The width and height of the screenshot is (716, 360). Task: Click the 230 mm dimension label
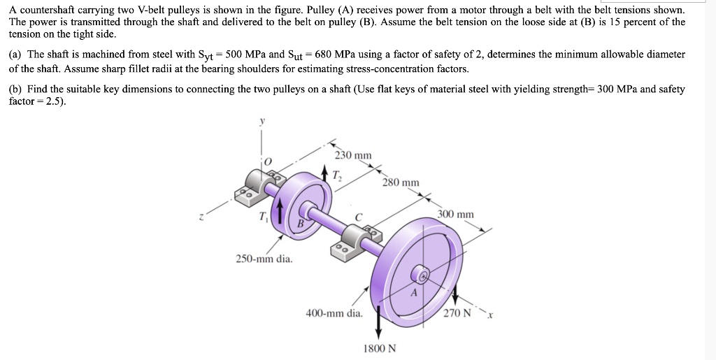(353, 155)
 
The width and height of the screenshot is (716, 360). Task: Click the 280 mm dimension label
(401, 182)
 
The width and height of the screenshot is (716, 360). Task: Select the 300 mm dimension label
(455, 214)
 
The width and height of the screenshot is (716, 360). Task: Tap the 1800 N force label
(378, 347)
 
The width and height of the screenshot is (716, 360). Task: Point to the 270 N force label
(457, 312)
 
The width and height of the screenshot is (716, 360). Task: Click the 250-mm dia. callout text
(264, 259)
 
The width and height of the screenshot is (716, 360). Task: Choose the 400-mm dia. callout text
(334, 313)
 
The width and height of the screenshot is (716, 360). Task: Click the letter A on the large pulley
(414, 294)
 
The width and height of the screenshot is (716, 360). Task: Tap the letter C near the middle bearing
(358, 217)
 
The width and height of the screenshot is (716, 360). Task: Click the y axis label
(263, 120)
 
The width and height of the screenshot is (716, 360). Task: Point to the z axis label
(203, 216)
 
